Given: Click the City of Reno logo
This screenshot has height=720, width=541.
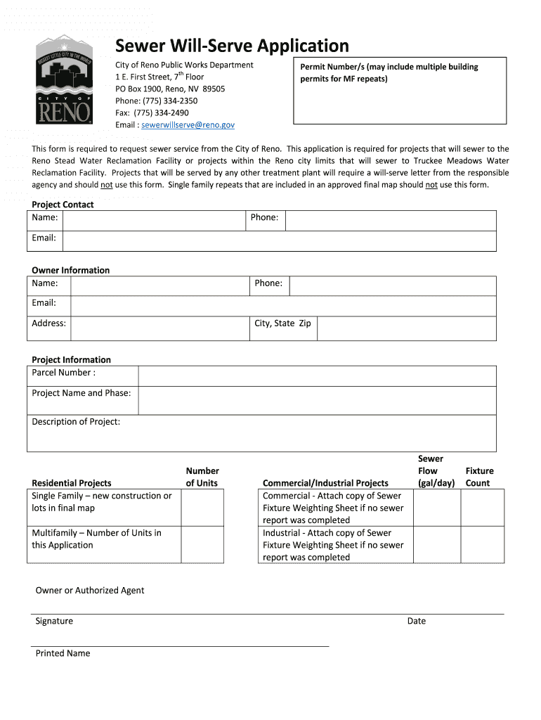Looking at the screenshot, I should coord(64,81).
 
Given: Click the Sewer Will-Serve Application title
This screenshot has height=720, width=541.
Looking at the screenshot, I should coord(232,46).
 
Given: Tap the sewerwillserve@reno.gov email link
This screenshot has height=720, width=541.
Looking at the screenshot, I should coord(188,125).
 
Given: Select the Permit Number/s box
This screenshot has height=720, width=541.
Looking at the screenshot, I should coord(399,92).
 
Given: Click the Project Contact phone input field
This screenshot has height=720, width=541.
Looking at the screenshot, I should coord(390,220).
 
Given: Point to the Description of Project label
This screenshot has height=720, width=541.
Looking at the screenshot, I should coord(76,422).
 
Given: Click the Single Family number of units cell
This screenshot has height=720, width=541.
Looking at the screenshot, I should coord(202,508).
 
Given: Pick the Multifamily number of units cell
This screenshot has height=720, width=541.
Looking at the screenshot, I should coord(202,545).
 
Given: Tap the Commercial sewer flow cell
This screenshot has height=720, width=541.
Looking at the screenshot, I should coord(436,508).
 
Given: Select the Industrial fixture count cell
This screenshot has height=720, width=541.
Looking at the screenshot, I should coord(483,545).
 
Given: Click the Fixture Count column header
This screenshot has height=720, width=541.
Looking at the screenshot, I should coord(479,477).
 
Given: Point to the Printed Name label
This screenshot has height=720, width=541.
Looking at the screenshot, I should coord(63,653).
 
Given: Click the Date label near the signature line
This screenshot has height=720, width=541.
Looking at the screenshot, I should coord(417,621).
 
